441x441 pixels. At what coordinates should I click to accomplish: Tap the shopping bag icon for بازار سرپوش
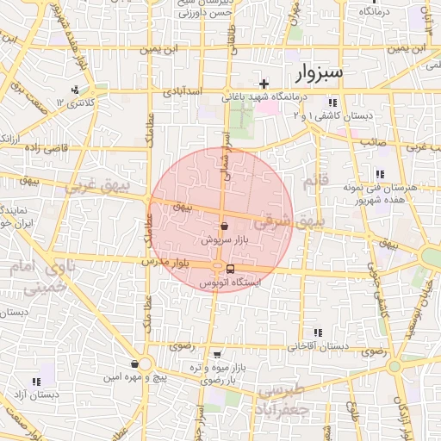(224, 227)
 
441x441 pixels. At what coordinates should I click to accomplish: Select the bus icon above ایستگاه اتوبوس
(217, 268)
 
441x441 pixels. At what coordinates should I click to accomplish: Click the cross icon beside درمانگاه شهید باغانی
(264, 84)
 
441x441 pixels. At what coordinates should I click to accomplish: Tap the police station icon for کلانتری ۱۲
(76, 89)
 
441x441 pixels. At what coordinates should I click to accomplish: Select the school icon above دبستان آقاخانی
(318, 332)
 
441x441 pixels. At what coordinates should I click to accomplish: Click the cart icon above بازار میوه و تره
(216, 354)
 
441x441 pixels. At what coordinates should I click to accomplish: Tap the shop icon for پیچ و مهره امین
(134, 363)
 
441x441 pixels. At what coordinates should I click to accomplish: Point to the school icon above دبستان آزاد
(36, 382)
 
